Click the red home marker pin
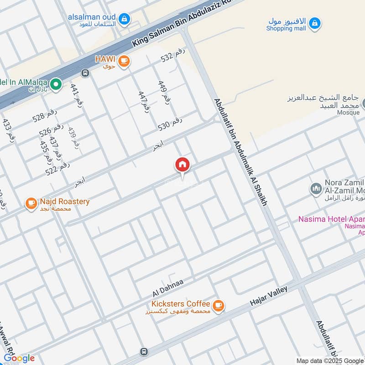[182, 165]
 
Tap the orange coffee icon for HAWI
[123, 60]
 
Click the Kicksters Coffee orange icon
[219, 305]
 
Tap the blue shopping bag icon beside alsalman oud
[124, 19]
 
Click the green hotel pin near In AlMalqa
[56, 84]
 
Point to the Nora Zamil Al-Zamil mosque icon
[316, 188]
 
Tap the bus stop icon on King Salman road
[85, 73]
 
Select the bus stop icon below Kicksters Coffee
[144, 351]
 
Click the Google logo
[19, 358]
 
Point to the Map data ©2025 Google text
[330, 360]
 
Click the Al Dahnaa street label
[168, 287]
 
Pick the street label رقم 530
[170, 123]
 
